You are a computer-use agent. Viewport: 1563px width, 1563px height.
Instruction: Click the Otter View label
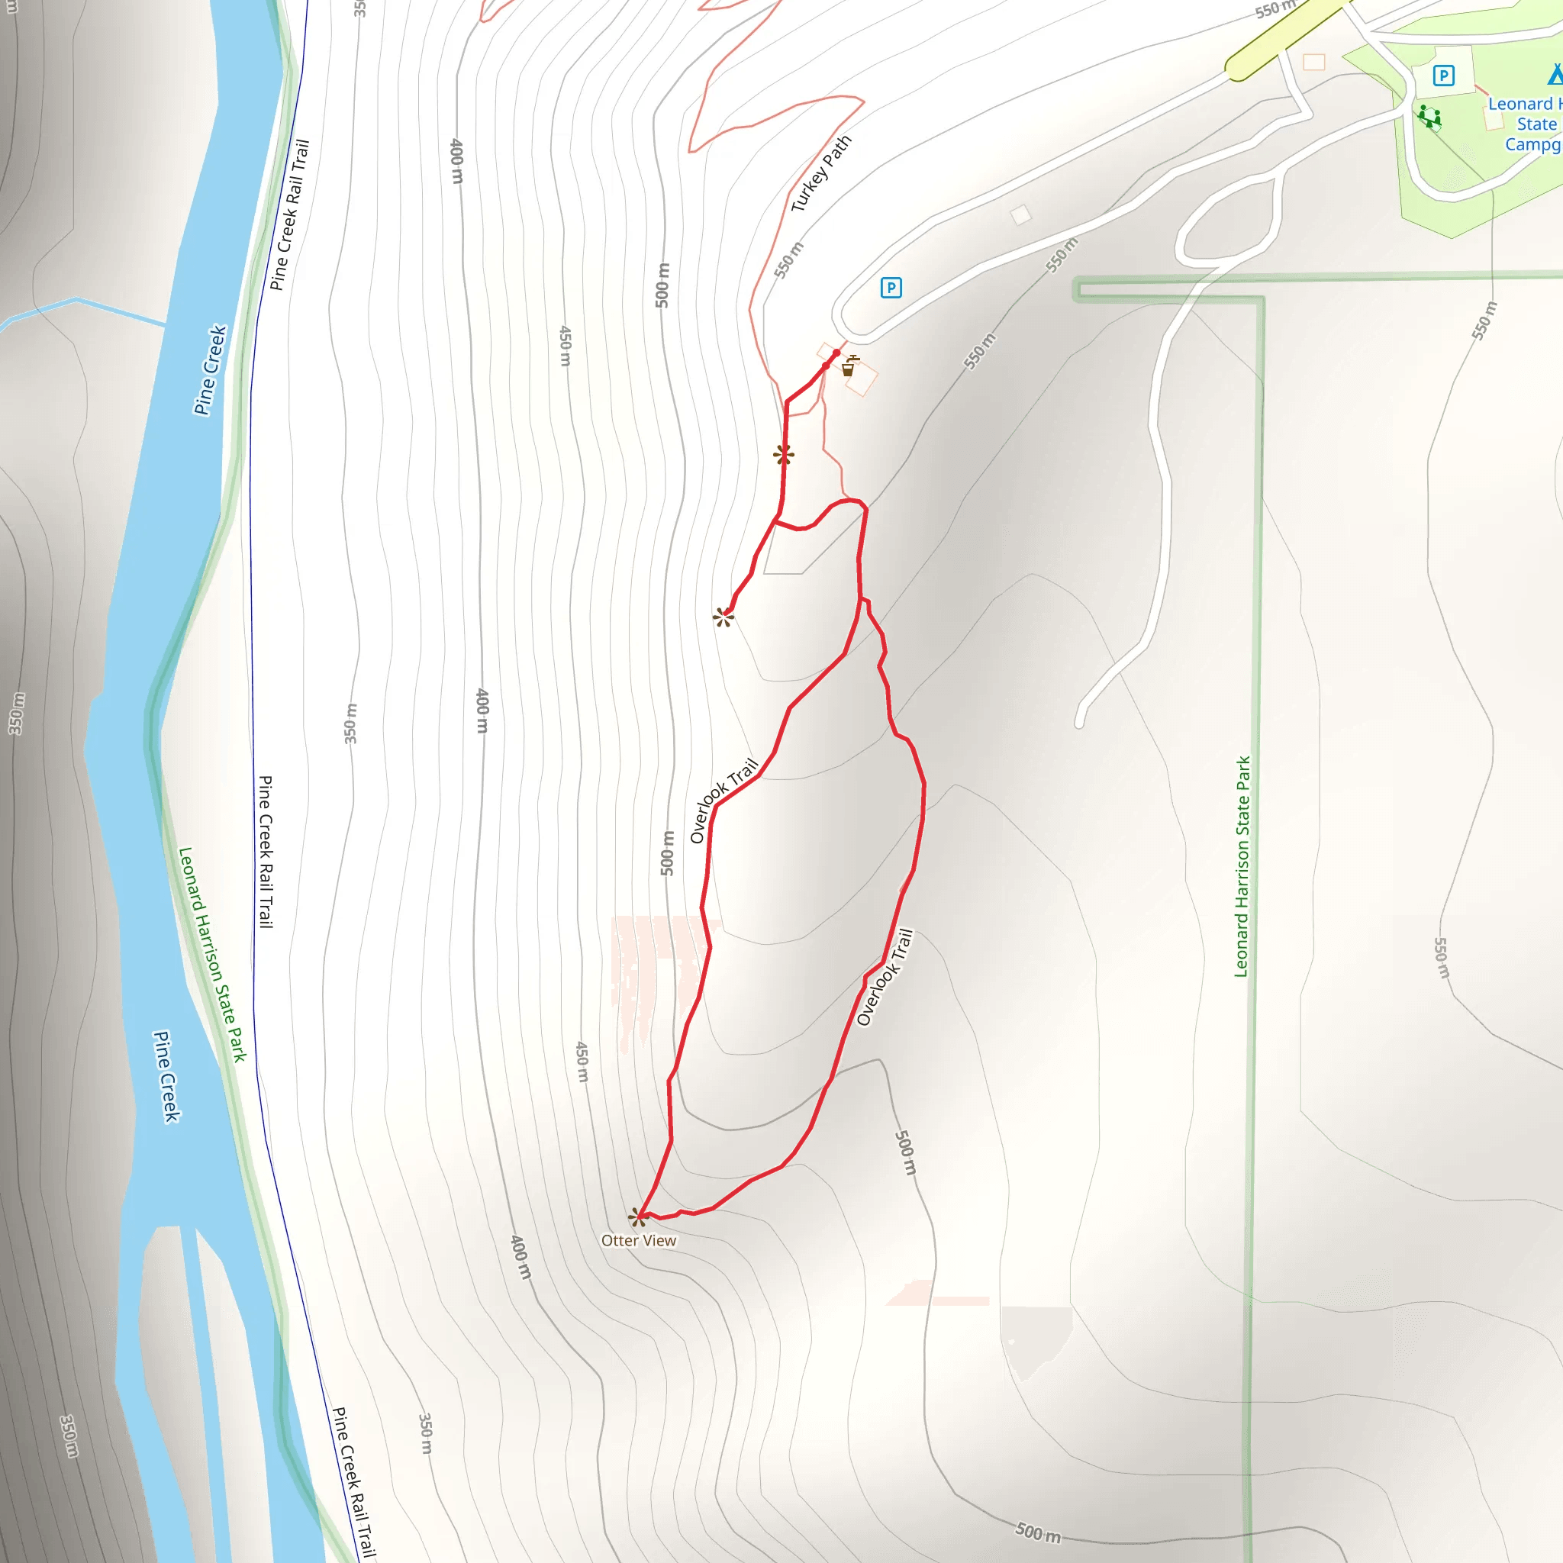coord(638,1240)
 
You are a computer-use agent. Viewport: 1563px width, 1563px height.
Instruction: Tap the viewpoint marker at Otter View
coord(638,1216)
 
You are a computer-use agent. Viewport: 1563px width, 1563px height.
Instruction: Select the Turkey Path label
coord(820,173)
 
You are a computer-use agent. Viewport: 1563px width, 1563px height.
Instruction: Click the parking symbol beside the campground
coord(1443,76)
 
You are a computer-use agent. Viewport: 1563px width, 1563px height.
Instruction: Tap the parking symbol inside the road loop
coord(891,287)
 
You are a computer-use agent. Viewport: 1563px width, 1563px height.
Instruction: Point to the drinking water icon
coord(849,366)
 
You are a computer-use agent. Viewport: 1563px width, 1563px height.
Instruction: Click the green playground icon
coord(1429,117)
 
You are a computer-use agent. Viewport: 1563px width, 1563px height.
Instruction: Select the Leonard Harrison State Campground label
coord(1524,124)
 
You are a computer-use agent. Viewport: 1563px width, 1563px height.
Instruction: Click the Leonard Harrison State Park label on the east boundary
coord(1242,866)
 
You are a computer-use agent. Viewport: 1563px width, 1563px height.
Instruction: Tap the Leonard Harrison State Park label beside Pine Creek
coord(212,955)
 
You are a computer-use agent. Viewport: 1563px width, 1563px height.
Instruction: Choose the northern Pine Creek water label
coord(211,369)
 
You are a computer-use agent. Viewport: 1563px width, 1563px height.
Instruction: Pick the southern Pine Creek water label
coord(166,1076)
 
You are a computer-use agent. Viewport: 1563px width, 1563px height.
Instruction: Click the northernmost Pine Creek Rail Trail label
coord(289,214)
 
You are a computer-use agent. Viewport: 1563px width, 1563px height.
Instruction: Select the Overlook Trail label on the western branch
coord(723,800)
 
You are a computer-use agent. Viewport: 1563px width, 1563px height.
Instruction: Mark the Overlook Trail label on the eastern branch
coord(885,978)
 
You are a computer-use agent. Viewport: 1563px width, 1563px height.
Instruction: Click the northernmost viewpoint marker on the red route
coord(782,455)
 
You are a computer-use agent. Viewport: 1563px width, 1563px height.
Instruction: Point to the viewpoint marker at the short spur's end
coord(723,618)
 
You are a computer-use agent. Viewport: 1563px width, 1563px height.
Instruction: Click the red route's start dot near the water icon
coord(836,353)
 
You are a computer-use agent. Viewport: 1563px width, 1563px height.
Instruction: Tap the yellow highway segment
coord(1286,37)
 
